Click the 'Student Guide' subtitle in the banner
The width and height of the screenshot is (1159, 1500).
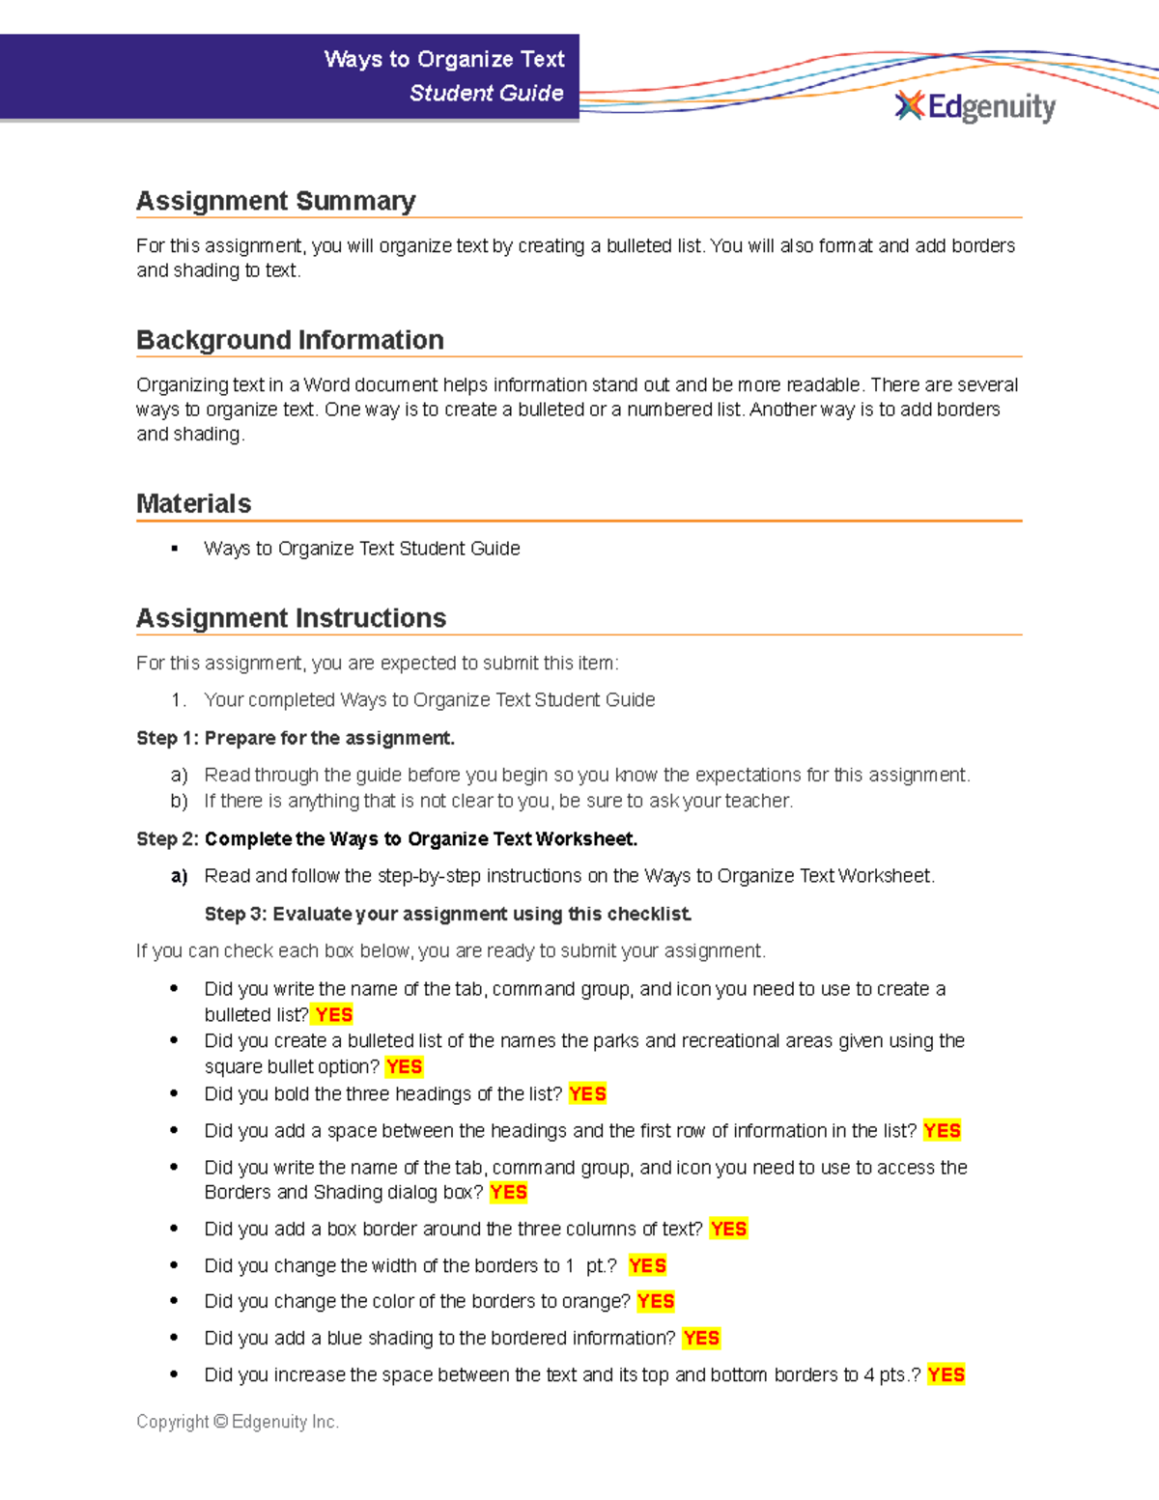click(x=486, y=93)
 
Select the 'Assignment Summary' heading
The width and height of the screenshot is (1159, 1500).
click(x=275, y=201)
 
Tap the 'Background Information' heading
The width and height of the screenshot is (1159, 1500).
click(x=290, y=340)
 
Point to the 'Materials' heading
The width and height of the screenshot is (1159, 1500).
click(x=193, y=503)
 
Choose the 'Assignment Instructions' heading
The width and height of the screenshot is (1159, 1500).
click(x=291, y=618)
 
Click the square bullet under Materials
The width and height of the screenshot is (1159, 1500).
click(x=175, y=549)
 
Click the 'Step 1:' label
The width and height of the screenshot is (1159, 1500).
click(x=167, y=738)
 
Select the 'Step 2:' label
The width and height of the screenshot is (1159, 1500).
click(x=167, y=838)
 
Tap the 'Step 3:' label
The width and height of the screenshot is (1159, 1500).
click(x=236, y=914)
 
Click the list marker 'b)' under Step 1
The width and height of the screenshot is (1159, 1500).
click(x=179, y=801)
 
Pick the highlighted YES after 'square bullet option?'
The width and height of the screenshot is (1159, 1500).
click(x=404, y=1066)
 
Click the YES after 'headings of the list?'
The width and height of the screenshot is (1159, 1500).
click(x=587, y=1093)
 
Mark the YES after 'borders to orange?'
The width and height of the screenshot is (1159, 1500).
click(x=656, y=1301)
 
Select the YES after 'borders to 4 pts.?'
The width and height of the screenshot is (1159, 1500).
click(x=946, y=1374)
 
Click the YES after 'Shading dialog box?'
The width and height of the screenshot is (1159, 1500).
click(x=508, y=1192)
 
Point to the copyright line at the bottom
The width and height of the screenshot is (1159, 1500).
click(x=238, y=1422)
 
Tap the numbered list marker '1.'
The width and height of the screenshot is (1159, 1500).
click(x=178, y=699)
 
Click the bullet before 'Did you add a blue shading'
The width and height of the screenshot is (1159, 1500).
click(x=174, y=1338)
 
